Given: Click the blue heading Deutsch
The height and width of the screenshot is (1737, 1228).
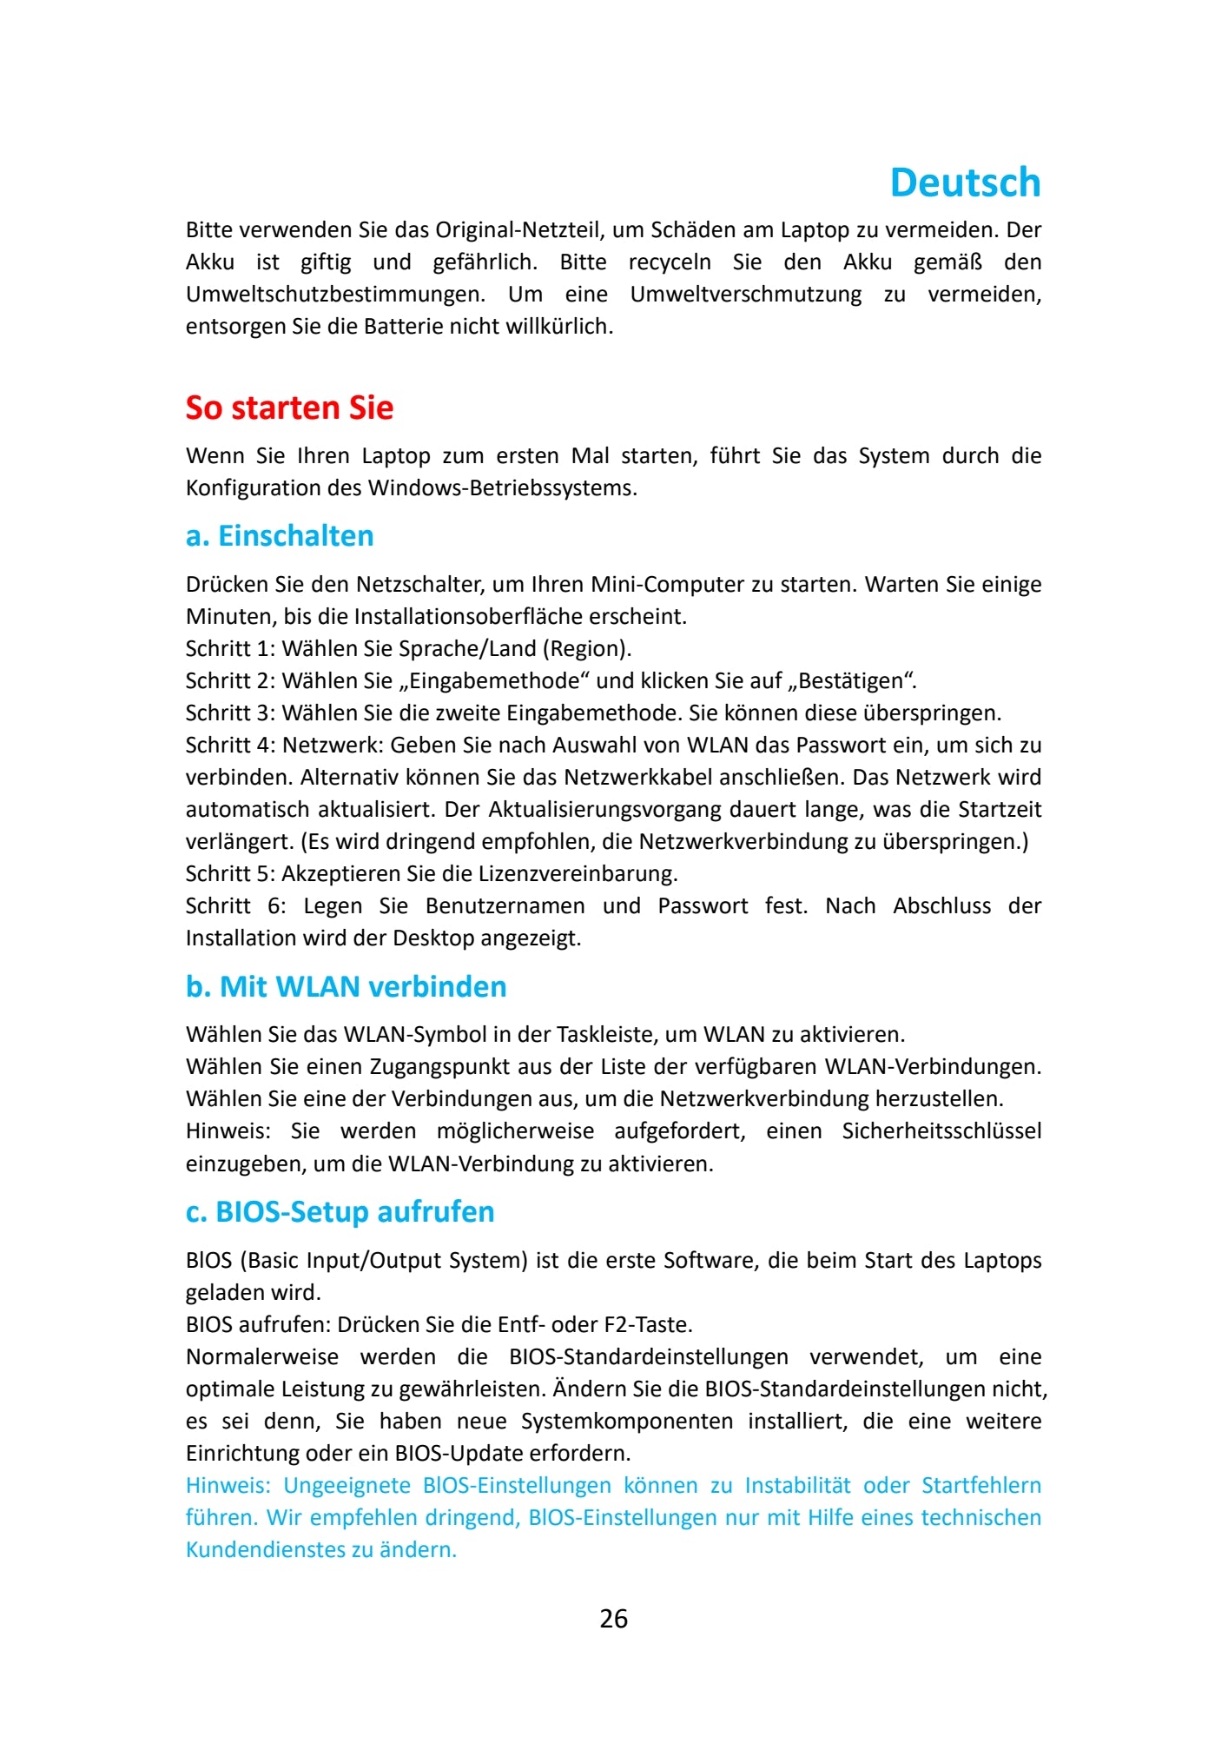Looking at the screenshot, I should [965, 183].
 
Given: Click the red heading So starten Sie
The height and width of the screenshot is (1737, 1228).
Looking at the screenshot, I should [289, 408].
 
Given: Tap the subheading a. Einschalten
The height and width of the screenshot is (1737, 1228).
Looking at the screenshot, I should [280, 536].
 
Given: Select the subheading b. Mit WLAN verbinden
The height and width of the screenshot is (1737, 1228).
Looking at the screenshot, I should [346, 987].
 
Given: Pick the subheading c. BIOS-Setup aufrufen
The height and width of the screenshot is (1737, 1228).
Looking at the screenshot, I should [340, 1212].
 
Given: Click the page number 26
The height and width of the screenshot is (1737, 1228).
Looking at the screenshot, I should [613, 1619].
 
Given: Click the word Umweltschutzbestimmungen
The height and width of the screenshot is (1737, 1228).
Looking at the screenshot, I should [334, 295].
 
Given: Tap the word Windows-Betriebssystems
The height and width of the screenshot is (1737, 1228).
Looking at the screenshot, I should [502, 488].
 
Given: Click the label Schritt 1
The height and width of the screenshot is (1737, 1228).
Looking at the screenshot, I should [228, 649].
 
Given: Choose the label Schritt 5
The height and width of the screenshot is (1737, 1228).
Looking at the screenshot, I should [228, 874].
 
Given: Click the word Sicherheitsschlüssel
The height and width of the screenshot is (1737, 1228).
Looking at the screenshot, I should [941, 1131].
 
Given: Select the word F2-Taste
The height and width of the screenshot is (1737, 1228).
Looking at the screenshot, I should [648, 1325].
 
